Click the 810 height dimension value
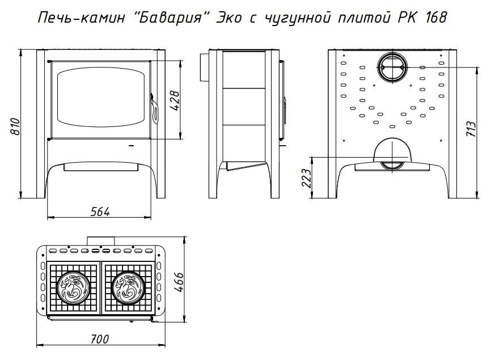[15, 126]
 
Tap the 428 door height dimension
[175, 101]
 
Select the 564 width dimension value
[100, 212]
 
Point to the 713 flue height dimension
[471, 129]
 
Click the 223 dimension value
[307, 178]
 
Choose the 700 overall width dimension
[100, 339]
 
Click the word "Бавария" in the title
[171, 18]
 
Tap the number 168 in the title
[435, 18]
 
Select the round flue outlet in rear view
[392, 67]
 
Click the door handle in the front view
[154, 108]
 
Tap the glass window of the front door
[101, 98]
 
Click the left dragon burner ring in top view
[74, 287]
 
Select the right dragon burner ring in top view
[128, 287]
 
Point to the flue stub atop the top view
[101, 240]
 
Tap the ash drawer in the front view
[101, 167]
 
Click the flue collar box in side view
[204, 67]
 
